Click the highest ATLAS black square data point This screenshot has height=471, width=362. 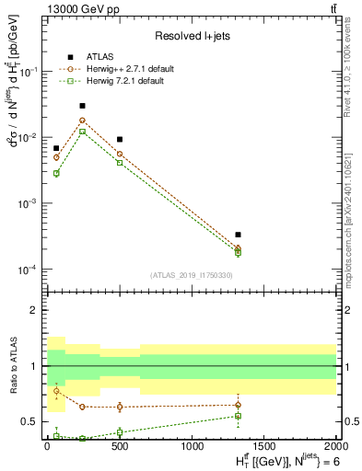point(82,106)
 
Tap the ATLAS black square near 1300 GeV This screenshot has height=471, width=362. point(238,235)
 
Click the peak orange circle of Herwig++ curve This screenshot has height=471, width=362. point(82,120)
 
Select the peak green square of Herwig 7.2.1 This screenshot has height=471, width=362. point(82,132)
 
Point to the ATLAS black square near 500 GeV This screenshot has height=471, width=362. point(119,139)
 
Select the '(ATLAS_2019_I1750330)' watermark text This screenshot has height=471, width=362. point(191,275)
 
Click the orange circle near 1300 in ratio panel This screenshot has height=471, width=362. point(238,405)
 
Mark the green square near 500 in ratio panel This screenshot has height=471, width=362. point(119,431)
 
